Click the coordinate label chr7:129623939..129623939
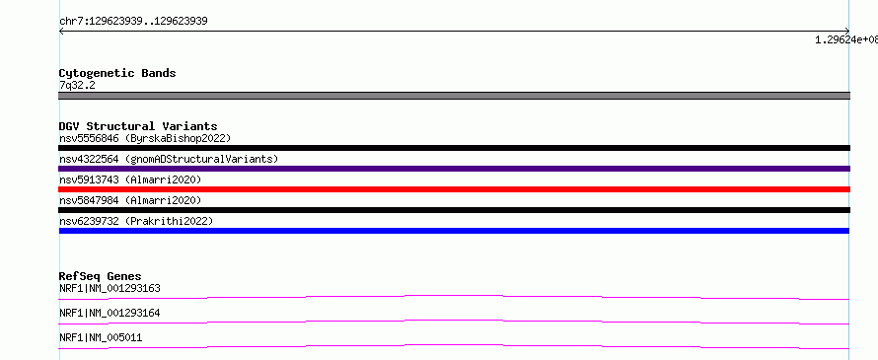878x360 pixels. (133, 22)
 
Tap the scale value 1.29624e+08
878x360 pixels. (846, 39)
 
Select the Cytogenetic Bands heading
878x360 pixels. (117, 73)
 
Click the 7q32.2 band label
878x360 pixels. (77, 85)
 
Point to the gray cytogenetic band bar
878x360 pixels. (454, 96)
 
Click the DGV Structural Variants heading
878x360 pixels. (138, 126)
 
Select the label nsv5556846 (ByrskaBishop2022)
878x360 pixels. (145, 138)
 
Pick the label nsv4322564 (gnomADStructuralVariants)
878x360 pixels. (169, 159)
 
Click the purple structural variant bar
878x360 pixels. (454, 169)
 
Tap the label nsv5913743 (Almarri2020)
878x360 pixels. (130, 180)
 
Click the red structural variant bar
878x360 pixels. (454, 189)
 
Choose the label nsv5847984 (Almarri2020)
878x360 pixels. (130, 200)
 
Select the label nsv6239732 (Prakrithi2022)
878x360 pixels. (136, 221)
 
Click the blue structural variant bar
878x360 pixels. (454, 231)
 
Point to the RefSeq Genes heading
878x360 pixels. (101, 276)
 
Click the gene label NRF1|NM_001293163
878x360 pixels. (110, 289)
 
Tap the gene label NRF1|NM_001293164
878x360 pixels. (110, 314)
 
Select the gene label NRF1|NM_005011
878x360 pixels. (101, 338)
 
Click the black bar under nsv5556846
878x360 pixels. (454, 148)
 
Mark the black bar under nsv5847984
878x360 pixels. (454, 210)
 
